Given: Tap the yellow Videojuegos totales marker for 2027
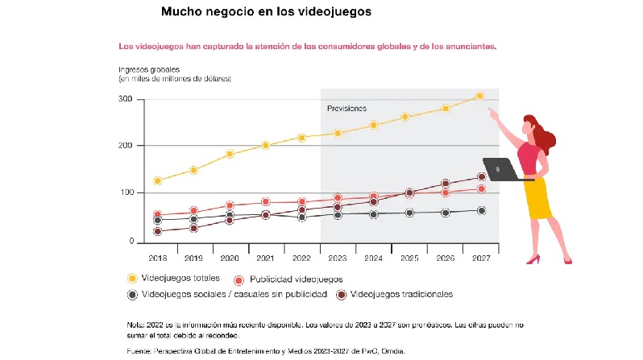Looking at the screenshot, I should click(479, 96).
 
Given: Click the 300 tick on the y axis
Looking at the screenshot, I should click(127, 99).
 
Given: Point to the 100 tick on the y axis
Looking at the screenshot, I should click(127, 193).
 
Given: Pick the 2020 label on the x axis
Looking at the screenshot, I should click(229, 259).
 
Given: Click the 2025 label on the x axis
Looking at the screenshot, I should click(409, 259).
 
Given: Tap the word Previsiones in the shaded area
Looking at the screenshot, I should click(346, 108).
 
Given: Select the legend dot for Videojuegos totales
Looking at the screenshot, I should click(132, 278).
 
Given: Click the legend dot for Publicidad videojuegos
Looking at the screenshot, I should click(239, 280).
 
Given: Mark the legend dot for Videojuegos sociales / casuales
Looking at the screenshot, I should click(132, 295).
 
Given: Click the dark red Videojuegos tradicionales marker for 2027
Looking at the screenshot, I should click(482, 176).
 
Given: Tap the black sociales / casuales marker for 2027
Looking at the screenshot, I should click(481, 211).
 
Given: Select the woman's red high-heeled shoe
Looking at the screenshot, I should click(533, 259).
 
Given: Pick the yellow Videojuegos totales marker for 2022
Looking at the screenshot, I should click(301, 138).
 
